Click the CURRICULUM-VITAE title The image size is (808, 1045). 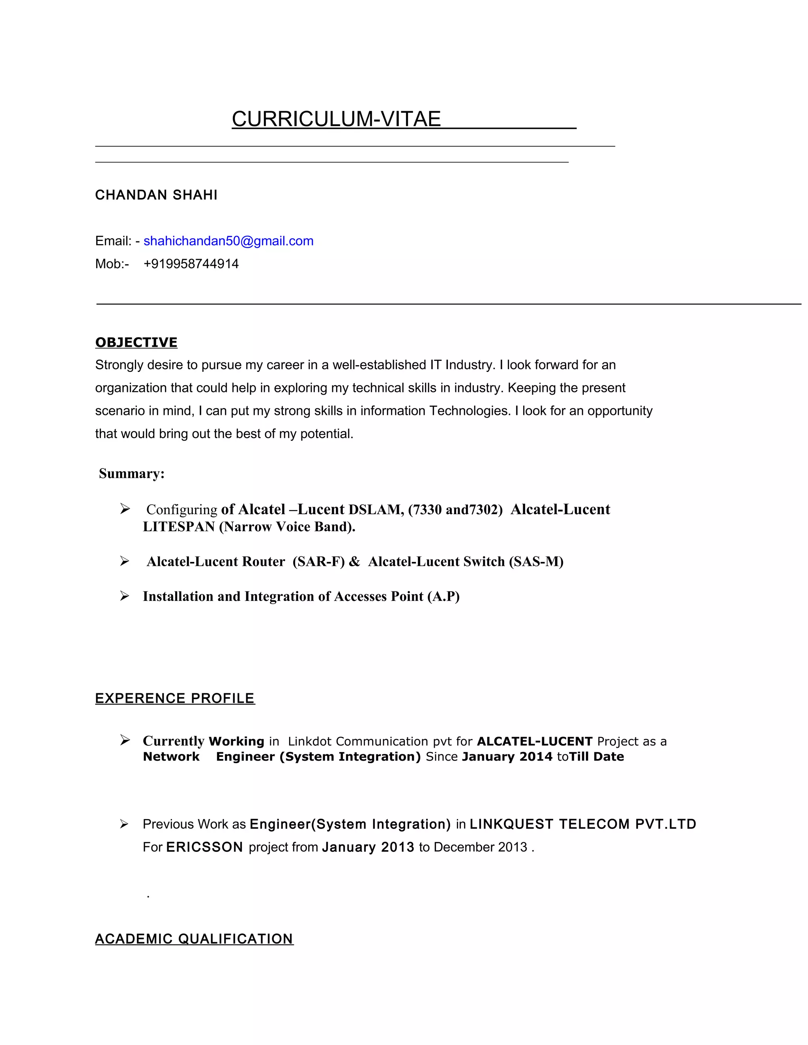(336, 119)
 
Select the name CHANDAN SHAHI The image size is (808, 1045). (156, 195)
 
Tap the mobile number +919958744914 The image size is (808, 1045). (191, 264)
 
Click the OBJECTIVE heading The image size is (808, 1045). (136, 342)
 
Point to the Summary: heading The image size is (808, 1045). (132, 473)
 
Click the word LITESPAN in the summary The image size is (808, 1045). (179, 526)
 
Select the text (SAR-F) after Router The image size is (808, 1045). (318, 561)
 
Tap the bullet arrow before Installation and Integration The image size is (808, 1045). (124, 596)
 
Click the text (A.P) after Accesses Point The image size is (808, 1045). (443, 596)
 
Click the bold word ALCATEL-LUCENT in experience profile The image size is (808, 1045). (535, 741)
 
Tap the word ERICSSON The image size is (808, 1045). (204, 847)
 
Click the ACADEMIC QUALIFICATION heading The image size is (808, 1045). (194, 939)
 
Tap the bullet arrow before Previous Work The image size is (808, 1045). (124, 824)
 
